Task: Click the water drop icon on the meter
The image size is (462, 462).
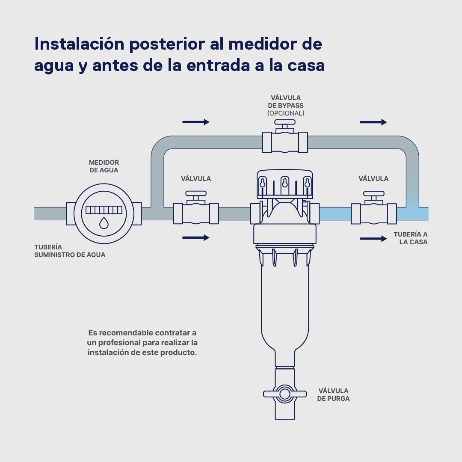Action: coord(104,223)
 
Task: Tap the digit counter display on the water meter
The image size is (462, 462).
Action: coord(104,210)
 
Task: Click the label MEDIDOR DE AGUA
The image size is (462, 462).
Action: coord(104,166)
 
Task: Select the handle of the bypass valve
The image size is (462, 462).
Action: coord(285,122)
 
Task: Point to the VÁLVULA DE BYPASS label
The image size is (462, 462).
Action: coord(285,102)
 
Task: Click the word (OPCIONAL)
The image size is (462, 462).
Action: coord(285,113)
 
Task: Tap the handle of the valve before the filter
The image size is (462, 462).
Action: coord(196,194)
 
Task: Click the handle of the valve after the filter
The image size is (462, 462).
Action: coord(373,194)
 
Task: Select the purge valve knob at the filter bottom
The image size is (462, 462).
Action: coord(284,394)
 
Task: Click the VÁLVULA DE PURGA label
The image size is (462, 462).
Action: coord(333,394)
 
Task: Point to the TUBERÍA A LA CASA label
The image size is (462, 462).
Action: coord(410,238)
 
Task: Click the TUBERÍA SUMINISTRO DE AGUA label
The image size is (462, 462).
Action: coord(70,251)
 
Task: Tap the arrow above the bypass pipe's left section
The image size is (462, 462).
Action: coord(196,122)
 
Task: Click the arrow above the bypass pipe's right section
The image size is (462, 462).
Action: coord(373,122)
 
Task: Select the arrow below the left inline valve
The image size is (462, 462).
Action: coord(196,237)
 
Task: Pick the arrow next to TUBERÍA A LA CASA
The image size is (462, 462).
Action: coord(373,238)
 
